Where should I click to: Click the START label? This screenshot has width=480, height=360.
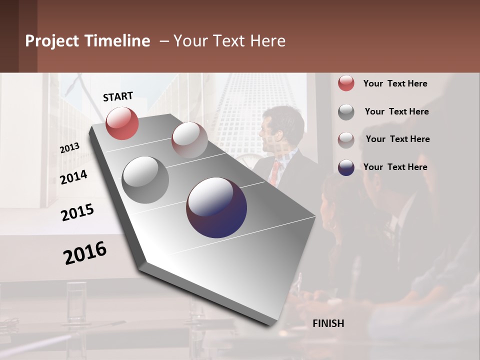(x=118, y=96)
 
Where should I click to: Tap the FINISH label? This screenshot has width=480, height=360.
(x=328, y=323)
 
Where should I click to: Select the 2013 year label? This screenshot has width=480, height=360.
(x=70, y=147)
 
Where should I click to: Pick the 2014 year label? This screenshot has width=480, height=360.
(x=74, y=177)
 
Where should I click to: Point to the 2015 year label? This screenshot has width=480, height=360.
(x=77, y=212)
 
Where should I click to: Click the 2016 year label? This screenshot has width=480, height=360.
(x=85, y=252)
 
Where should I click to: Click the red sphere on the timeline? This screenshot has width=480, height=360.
(x=122, y=123)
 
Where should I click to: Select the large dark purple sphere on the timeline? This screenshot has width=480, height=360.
(x=216, y=207)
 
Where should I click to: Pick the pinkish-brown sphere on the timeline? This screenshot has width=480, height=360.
(x=189, y=140)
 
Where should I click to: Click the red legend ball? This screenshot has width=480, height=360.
(x=346, y=83)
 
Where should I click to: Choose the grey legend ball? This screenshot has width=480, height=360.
(x=346, y=112)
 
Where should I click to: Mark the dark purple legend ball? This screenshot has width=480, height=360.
(x=346, y=167)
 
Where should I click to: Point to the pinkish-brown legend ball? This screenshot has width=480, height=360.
(x=346, y=139)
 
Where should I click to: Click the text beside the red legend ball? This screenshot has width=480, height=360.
(x=395, y=83)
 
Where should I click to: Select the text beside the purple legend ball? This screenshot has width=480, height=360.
(x=395, y=167)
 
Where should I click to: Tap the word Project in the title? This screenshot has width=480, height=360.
(x=52, y=41)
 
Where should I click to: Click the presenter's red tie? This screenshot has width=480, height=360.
(x=274, y=171)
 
